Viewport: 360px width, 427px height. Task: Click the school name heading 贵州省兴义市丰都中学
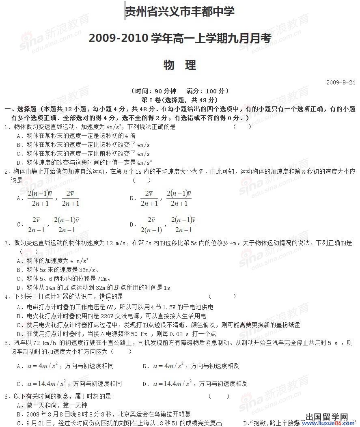pos(179,12)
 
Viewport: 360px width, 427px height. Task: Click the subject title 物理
pos(180,65)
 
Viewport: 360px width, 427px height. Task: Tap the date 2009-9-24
pos(341,82)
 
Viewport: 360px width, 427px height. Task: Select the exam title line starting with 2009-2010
pos(179,39)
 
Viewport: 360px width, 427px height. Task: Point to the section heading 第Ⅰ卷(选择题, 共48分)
pos(179,100)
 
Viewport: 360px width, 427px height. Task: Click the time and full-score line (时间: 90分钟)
pos(180,91)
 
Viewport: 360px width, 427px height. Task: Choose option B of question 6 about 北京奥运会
pos(104,414)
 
